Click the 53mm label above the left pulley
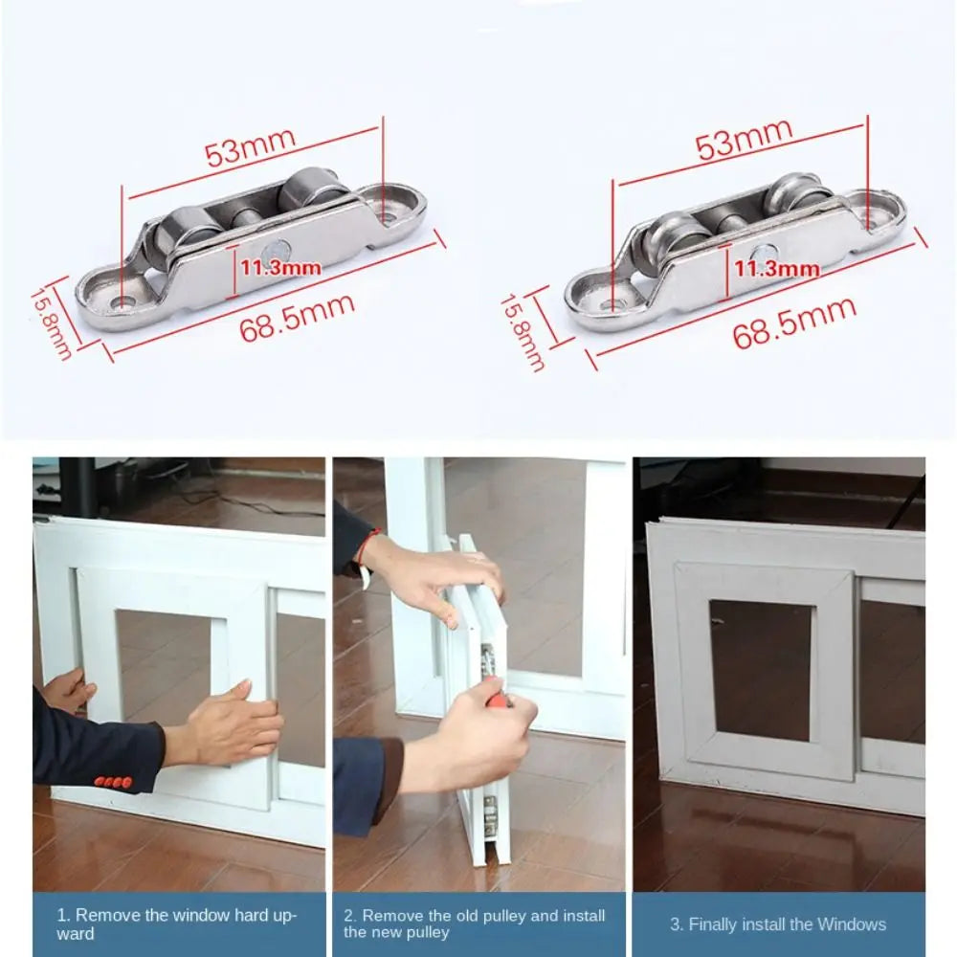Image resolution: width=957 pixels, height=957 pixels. pyautogui.click(x=250, y=147)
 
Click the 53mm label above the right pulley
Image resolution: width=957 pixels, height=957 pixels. pyautogui.click(x=744, y=139)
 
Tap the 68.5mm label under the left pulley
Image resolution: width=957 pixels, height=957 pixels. pyautogui.click(x=298, y=318)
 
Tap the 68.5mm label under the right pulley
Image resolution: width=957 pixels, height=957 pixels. pyautogui.click(x=794, y=323)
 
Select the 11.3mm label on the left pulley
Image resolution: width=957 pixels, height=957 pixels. pyautogui.click(x=280, y=267)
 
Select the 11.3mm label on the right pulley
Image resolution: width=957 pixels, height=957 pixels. pyautogui.click(x=776, y=269)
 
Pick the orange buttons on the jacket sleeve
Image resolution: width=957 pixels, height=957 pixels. pyautogui.click(x=112, y=782)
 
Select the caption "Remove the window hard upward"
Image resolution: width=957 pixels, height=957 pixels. pyautogui.click(x=176, y=924)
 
